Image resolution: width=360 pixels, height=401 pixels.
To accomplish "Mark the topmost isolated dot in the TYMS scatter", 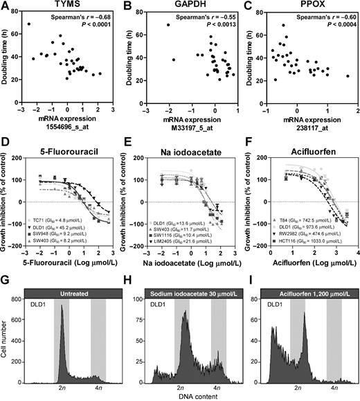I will [28, 24].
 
